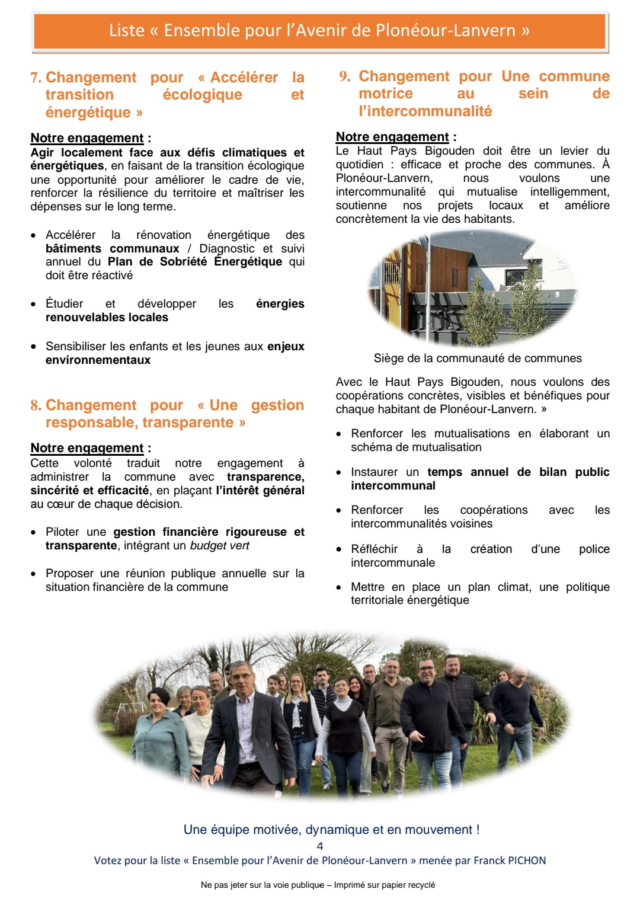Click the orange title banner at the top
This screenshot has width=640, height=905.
pyautogui.click(x=319, y=31)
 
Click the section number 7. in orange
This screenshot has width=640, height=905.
pyautogui.click(x=36, y=78)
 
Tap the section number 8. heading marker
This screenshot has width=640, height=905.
pyautogui.click(x=36, y=405)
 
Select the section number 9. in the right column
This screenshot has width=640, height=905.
pyautogui.click(x=344, y=76)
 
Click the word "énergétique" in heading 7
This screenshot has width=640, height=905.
pyautogui.click(x=88, y=113)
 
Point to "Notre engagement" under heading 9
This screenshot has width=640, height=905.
pyautogui.click(x=392, y=137)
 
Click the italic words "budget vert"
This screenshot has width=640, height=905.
pyautogui.click(x=219, y=545)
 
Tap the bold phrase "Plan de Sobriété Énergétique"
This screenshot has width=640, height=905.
pyautogui.click(x=195, y=262)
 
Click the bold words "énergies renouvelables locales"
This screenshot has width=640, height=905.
pyautogui.click(x=107, y=318)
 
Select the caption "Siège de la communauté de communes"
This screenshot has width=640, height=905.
pyautogui.click(x=478, y=359)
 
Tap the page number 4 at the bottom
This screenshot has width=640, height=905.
pyautogui.click(x=320, y=846)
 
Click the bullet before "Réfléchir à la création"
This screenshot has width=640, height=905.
pyautogui.click(x=338, y=549)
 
